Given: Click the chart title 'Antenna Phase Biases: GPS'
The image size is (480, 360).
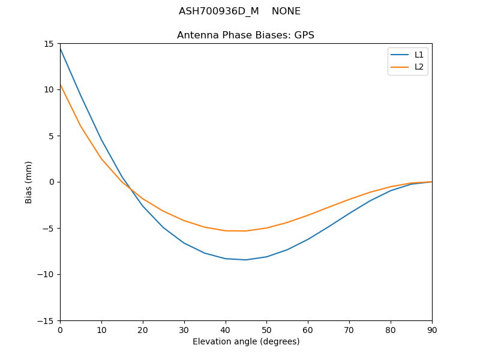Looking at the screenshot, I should tap(245, 35).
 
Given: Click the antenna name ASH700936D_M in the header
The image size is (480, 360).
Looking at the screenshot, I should tap(218, 11).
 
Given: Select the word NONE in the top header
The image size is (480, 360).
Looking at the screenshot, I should tap(286, 11).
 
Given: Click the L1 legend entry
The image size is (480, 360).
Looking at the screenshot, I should tap(419, 55).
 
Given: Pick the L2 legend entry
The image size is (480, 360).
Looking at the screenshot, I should tap(419, 67).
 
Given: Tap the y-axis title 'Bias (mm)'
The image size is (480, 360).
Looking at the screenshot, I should tap(29, 182).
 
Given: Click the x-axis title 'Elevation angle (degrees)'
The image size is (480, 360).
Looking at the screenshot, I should tap(246, 342).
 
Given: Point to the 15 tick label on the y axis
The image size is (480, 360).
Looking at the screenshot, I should tap(49, 43).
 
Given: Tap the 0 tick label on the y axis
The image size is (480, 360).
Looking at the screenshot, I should tap(52, 182).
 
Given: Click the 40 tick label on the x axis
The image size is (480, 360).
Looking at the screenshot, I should tap(225, 329).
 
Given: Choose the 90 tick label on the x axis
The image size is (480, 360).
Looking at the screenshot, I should tap(432, 329).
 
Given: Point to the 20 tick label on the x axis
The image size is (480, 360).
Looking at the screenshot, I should tap(143, 329).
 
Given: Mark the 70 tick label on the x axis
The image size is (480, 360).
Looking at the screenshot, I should tap(349, 329).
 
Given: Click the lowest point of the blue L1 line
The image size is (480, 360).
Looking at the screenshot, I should tap(246, 260).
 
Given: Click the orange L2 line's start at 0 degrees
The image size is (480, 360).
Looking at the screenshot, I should tap(60, 85).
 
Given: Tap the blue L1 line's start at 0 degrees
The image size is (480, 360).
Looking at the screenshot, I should tap(60, 47).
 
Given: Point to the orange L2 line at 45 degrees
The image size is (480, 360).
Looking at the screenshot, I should tap(246, 231).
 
